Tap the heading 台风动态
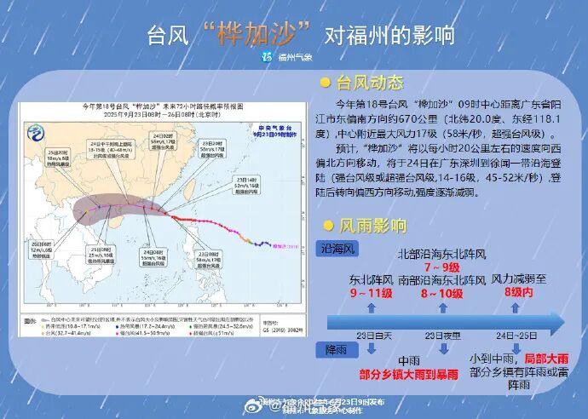point(370,83)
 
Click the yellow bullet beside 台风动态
point(326,83)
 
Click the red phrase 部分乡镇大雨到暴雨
point(386,372)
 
